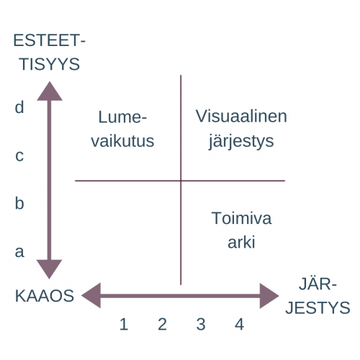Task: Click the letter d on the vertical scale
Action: pos(19,107)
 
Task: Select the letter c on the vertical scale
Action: pos(19,156)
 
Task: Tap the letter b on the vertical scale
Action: pos(19,203)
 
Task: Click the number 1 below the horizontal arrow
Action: pos(124,324)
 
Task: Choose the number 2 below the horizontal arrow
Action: pos(162,324)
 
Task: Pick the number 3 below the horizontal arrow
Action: pos(201,324)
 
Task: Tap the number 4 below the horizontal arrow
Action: pos(239,324)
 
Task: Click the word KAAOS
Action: pos(45,296)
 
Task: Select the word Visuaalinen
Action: pos(241,117)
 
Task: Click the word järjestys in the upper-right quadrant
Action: pos(241,141)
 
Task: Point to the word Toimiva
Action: pos(241,218)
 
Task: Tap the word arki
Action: pos(241,243)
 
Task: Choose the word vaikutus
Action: pos(122,141)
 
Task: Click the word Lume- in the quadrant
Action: pos(122,117)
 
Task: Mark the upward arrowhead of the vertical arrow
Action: pos(50,91)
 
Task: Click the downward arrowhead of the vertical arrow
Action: pos(50,269)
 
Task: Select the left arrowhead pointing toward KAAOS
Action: pos(91,295)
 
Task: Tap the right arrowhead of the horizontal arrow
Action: pos(269,296)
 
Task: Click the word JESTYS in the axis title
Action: pos(318,307)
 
